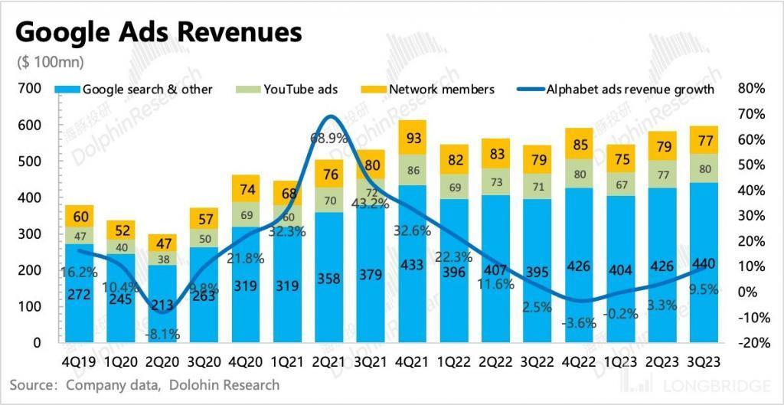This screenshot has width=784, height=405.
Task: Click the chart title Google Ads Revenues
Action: [x=158, y=33]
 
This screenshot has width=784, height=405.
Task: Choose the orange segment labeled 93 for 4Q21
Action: [x=413, y=138]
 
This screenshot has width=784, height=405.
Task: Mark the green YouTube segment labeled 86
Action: [x=413, y=171]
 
